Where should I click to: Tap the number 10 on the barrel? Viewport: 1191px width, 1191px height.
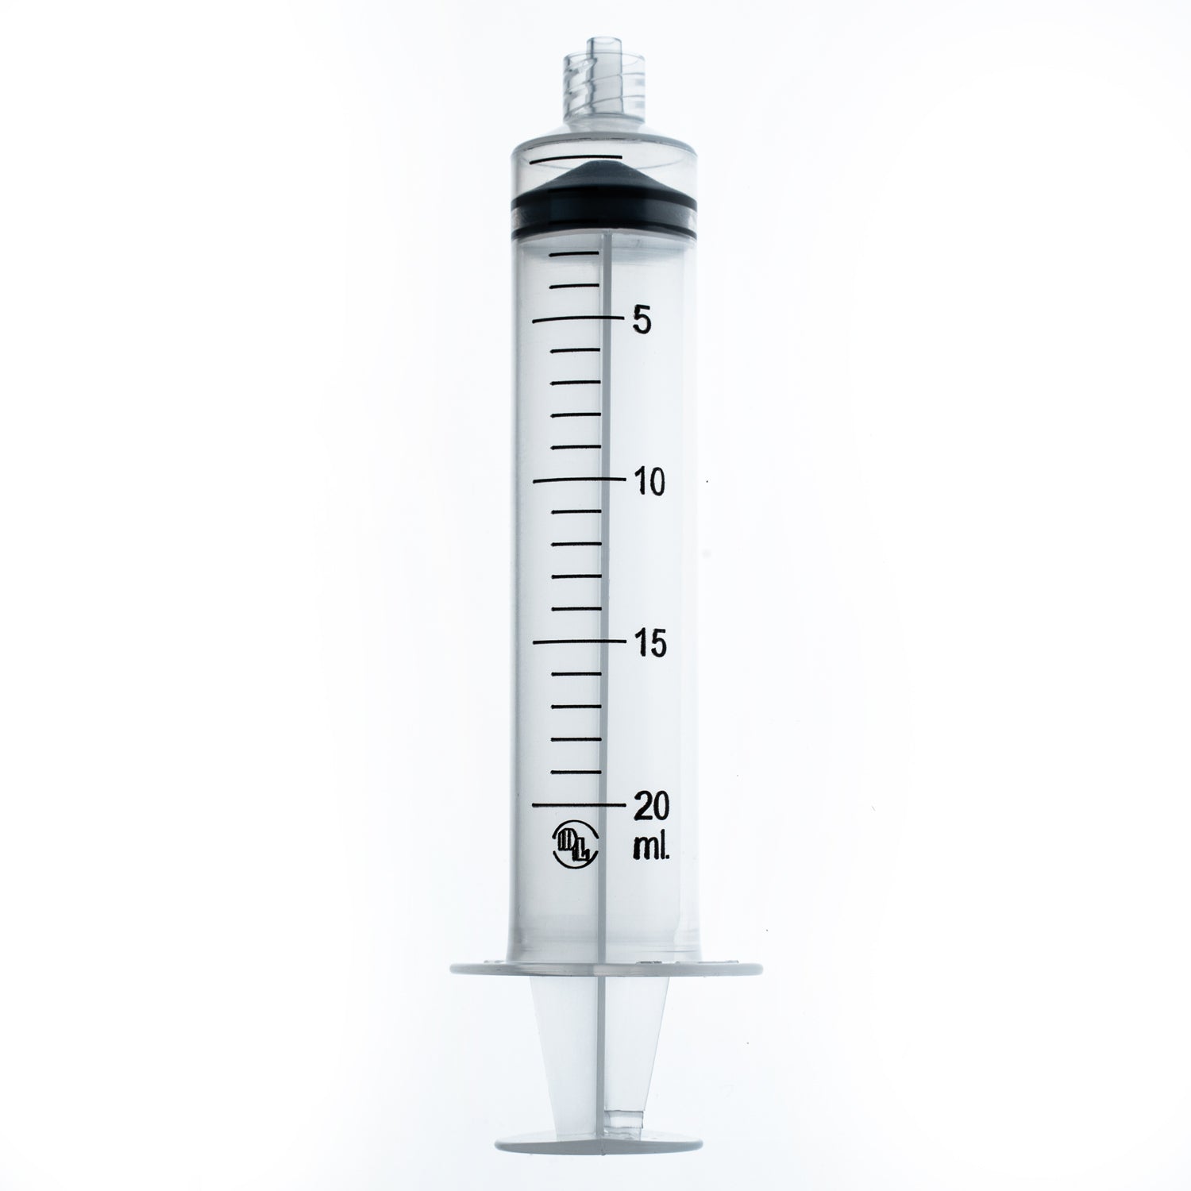[648, 482]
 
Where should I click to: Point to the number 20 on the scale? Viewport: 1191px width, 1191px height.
[650, 806]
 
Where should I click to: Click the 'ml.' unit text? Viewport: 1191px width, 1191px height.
[652, 848]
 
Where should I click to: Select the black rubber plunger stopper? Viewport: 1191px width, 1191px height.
[603, 205]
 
